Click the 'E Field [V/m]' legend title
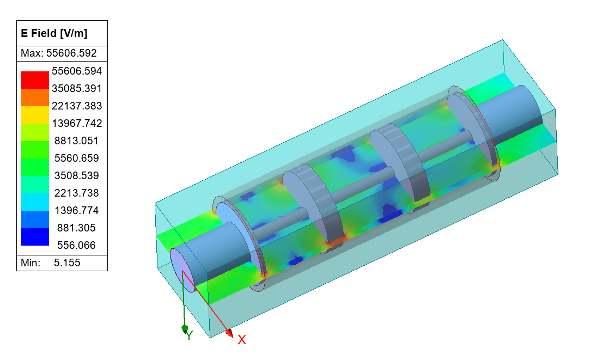tap(54, 33)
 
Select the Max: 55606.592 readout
tap(58, 53)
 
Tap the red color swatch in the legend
tap(35, 80)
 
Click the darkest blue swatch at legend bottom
tap(35, 237)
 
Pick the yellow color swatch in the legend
tap(35, 114)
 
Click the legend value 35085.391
tap(77, 88)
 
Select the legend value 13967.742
tap(77, 123)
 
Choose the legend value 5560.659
tap(77, 158)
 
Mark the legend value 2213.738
tap(77, 193)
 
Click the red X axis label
tap(242, 340)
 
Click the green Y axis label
tap(189, 335)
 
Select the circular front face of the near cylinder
tap(181, 267)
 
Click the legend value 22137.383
tap(77, 106)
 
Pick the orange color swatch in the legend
tap(35, 97)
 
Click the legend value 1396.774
tap(77, 210)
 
